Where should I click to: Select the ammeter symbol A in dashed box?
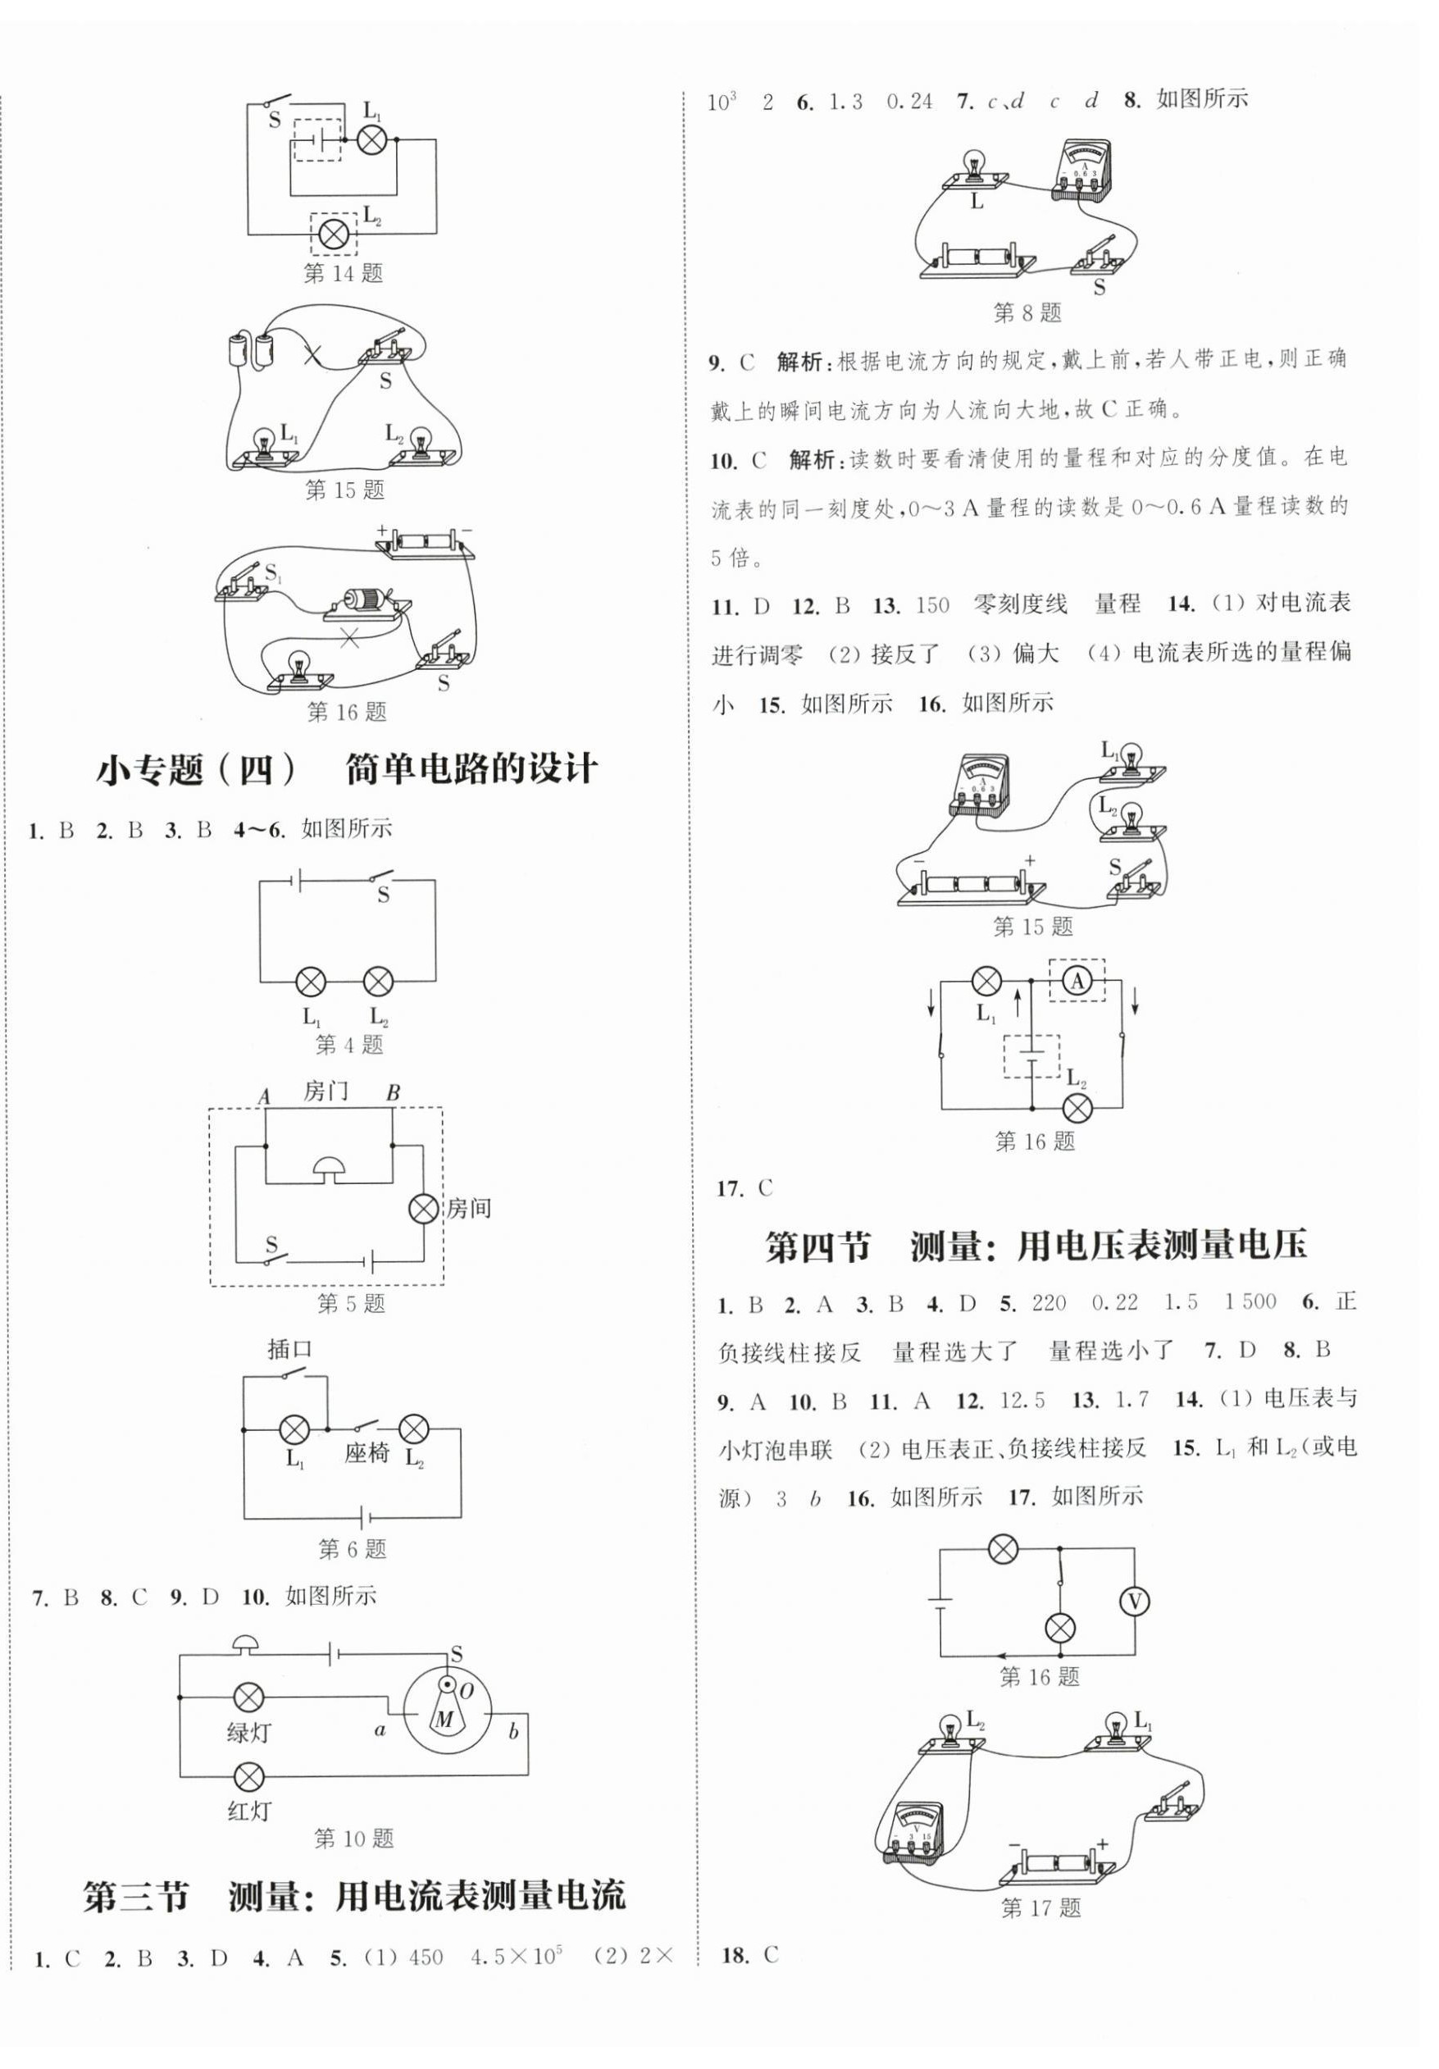(1077, 982)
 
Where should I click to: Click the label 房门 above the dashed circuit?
(326, 1091)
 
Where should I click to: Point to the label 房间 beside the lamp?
(468, 1209)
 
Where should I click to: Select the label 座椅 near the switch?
(366, 1452)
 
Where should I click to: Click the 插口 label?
(290, 1349)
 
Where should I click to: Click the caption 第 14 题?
(344, 273)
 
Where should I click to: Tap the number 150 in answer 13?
(931, 605)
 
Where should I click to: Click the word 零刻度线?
(1020, 604)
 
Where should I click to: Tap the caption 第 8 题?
(1027, 313)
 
